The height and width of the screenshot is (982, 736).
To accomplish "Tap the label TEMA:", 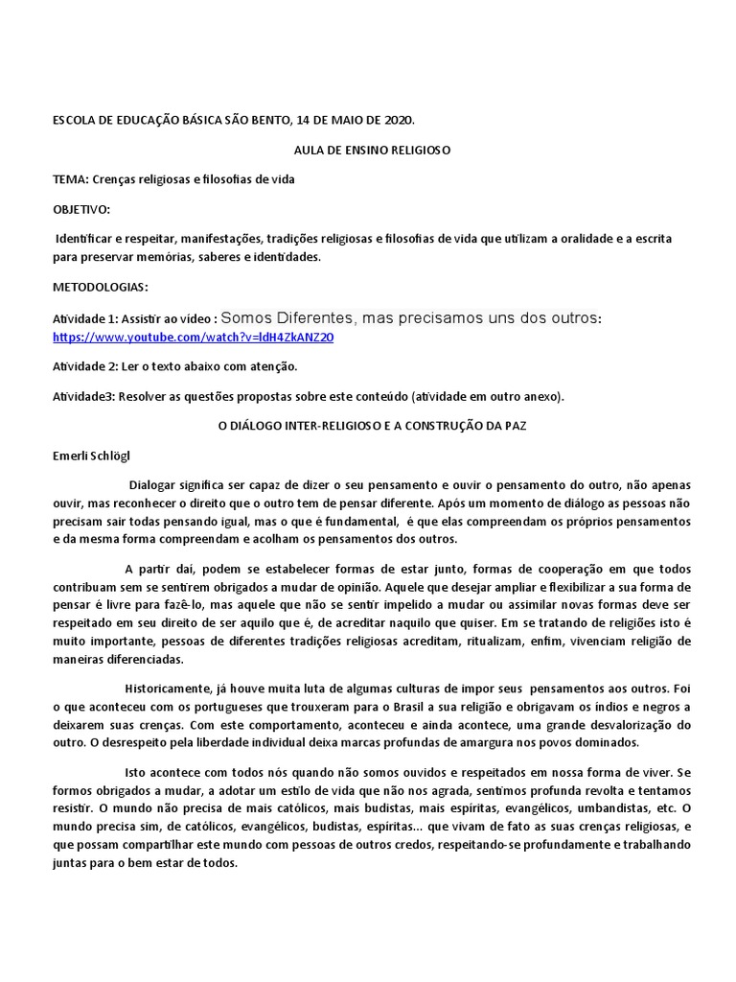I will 71,179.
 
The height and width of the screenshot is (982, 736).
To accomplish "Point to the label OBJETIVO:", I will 81,209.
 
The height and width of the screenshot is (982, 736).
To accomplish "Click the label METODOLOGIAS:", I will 101,287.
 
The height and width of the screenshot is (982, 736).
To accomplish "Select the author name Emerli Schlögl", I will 97,456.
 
